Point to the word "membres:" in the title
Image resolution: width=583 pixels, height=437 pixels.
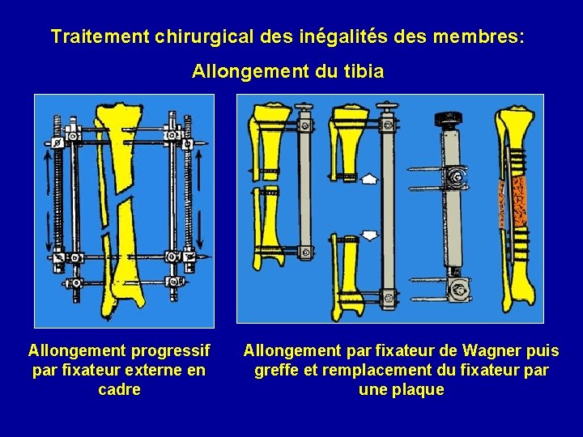479,37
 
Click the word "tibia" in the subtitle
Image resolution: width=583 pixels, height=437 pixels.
364,72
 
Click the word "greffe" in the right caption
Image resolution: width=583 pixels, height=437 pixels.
276,371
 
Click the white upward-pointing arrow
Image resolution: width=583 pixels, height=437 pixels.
369,178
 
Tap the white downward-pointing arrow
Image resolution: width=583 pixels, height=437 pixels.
369,235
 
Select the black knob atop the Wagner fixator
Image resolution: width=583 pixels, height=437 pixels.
447,119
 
